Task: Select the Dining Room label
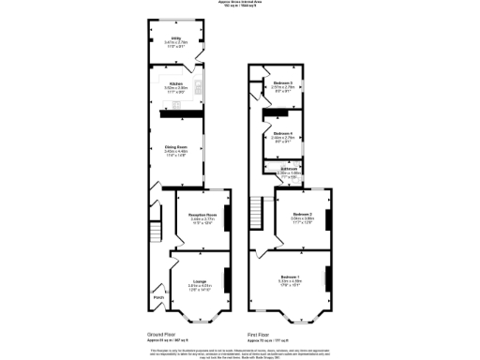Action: [x=176, y=147]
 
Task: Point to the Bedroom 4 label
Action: [x=284, y=133]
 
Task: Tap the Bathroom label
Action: [x=287, y=170]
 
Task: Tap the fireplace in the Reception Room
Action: [x=227, y=219]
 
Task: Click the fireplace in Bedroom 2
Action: [x=327, y=219]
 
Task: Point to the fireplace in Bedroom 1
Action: [x=327, y=278]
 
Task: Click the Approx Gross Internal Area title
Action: [x=240, y=3]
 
